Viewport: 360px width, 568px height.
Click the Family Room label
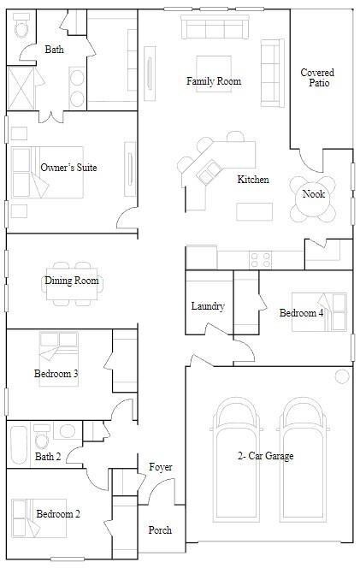pos(214,81)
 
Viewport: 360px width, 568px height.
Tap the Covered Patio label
pos(317,78)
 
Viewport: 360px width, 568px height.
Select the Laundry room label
pos(208,306)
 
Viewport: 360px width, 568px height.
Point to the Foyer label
pos(161,467)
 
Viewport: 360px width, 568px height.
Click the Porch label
pos(160,530)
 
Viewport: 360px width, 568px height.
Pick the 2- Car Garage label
pos(265,456)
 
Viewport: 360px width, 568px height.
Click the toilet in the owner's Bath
pos(21,25)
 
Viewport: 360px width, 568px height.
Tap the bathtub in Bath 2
pos(19,445)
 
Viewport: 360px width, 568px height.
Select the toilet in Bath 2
pos(42,436)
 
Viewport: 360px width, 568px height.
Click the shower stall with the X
pos(21,88)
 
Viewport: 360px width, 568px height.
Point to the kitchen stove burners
pos(261,260)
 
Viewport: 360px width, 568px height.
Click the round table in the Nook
pos(313,198)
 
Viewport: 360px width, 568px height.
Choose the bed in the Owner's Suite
pos(47,172)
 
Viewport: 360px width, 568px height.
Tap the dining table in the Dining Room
pos(72,284)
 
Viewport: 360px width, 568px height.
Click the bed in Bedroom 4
pos(320,312)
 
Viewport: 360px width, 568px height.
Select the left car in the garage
pos(237,460)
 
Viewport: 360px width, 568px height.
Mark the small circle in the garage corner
pos(342,376)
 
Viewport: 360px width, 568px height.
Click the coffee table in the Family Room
pos(214,74)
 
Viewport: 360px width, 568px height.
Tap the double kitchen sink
pos(210,172)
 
